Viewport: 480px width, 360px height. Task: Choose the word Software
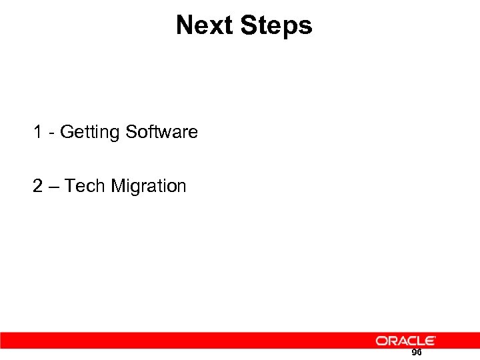coord(161,132)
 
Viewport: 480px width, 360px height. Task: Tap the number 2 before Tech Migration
coord(38,185)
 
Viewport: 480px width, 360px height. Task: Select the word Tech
coord(86,185)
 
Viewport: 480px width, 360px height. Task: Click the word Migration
coord(149,186)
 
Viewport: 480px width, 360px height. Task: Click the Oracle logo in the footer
coord(405,341)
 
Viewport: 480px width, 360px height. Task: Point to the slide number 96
coord(417,352)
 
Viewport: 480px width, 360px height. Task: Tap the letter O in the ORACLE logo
coord(381,341)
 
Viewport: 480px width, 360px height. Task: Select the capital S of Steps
coord(248,25)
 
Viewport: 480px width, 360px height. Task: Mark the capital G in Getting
coord(67,132)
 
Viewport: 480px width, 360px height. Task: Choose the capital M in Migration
coord(117,185)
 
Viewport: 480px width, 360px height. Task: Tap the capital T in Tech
coord(71,185)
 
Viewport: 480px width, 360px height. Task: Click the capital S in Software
coord(131,132)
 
